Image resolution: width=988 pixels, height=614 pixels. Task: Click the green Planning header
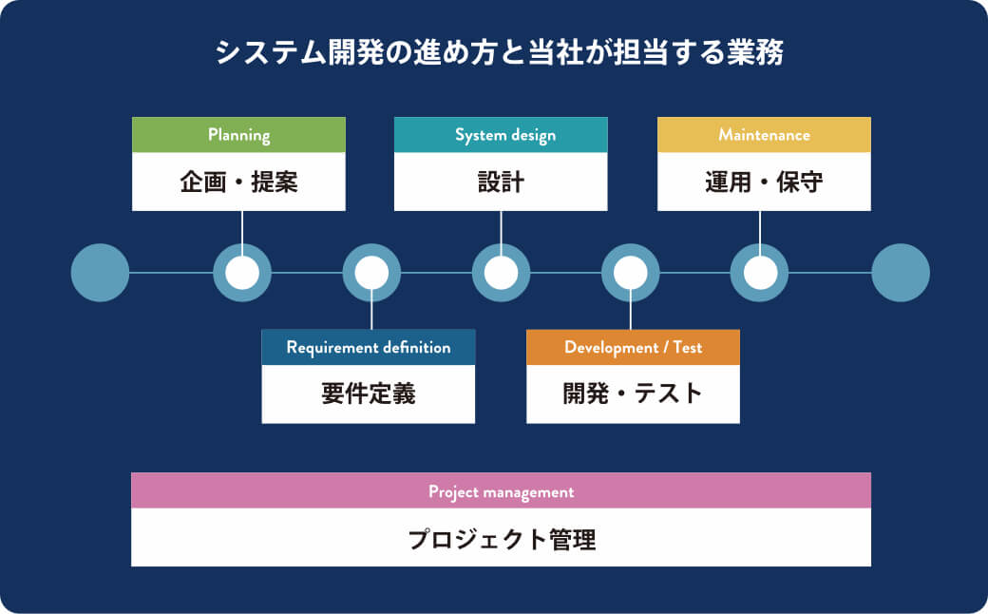tap(238, 135)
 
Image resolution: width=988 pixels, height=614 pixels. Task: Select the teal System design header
tap(501, 135)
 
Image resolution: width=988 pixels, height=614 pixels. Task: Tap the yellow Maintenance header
tap(764, 135)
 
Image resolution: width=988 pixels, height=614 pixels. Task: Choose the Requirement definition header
tap(369, 347)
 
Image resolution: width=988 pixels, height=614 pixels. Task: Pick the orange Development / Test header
tap(633, 347)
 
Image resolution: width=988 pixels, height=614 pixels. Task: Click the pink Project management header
tap(501, 491)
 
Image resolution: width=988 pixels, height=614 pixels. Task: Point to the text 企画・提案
tap(238, 182)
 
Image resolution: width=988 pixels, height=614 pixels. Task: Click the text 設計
tap(501, 182)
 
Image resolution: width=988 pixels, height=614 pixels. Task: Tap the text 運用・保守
tap(764, 182)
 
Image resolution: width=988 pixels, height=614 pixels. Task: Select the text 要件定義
tap(369, 393)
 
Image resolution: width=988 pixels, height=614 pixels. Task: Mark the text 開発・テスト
tap(633, 393)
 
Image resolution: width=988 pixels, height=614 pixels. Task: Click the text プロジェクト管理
tap(501, 539)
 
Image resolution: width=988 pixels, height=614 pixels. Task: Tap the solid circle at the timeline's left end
tap(100, 273)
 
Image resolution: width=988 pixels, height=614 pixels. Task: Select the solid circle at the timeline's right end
tap(901, 273)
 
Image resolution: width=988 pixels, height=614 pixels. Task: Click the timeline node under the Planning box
tap(241, 273)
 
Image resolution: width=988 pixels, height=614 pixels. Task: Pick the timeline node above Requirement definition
tap(371, 273)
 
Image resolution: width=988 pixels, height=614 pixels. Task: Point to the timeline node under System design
tap(501, 273)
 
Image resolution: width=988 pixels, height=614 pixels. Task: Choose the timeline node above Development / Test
tap(631, 273)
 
